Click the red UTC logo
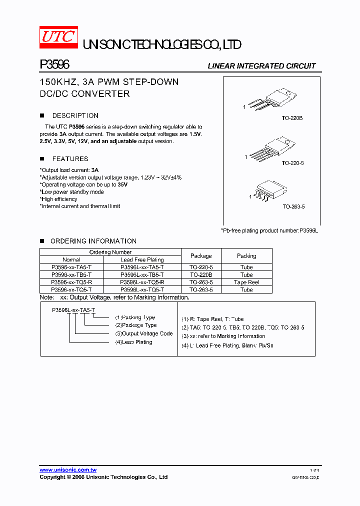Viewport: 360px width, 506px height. [59, 37]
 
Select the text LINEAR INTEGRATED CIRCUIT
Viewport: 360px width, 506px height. [261, 66]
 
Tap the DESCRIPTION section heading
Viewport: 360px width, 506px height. [75, 115]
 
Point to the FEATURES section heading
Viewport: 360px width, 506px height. [70, 159]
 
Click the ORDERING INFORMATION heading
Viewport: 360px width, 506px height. [93, 241]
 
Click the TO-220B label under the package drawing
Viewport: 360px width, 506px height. [292, 118]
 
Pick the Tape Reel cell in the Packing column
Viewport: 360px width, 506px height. [246, 282]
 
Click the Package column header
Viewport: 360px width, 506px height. [201, 256]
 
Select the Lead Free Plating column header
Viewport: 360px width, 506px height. [142, 260]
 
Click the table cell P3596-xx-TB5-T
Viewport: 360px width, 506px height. [71, 275]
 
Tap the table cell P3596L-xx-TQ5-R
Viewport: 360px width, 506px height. [142, 282]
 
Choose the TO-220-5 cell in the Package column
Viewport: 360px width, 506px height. [201, 267]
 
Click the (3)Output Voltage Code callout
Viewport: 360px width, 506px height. [143, 333]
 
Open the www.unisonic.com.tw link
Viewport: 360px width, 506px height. [68, 470]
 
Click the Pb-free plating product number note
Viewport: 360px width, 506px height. [269, 230]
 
